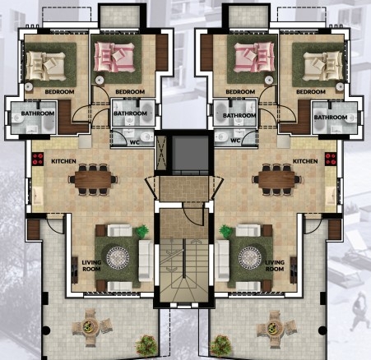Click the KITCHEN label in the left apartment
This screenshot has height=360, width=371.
(x=63, y=161)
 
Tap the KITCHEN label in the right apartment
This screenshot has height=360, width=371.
(x=305, y=161)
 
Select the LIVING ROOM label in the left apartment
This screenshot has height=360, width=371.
(x=91, y=265)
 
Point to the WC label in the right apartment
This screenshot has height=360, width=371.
(x=235, y=141)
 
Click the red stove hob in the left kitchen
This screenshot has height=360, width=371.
(x=38, y=159)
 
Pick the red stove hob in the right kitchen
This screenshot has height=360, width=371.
(x=331, y=159)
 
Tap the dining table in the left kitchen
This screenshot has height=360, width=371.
(x=93, y=179)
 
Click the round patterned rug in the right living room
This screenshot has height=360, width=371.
(x=250, y=258)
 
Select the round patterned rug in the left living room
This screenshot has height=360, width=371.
(x=118, y=258)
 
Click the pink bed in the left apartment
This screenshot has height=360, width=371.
(x=114, y=57)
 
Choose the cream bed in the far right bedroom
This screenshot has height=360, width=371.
(x=322, y=66)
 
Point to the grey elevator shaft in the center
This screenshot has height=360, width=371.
(x=190, y=153)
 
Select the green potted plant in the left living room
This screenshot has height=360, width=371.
(x=142, y=232)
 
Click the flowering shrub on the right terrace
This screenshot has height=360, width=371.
(x=220, y=344)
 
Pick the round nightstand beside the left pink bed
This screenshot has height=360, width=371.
(x=100, y=80)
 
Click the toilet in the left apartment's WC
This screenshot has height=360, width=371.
(x=146, y=136)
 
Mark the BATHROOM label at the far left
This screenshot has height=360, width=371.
(x=38, y=113)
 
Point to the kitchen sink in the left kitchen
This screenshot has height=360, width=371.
(x=37, y=196)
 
